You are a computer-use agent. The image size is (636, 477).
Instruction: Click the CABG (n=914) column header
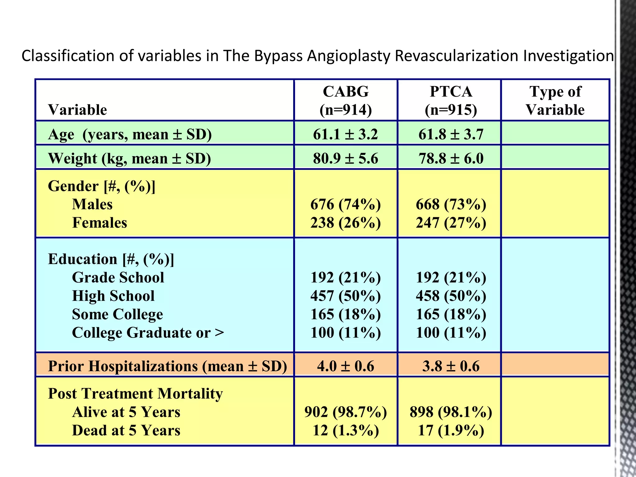pyautogui.click(x=346, y=100)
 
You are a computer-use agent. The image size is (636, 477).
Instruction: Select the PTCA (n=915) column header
pyautogui.click(x=451, y=100)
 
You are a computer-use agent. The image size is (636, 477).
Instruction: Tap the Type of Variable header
pyautogui.click(x=555, y=100)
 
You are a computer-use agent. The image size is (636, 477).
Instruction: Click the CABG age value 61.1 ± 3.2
pyautogui.click(x=345, y=134)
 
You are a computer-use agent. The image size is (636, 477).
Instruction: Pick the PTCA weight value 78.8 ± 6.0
pyautogui.click(x=451, y=158)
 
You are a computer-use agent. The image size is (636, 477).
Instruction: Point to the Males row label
pyautogui.click(x=92, y=204)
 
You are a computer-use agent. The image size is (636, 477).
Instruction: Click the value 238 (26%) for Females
pyautogui.click(x=345, y=223)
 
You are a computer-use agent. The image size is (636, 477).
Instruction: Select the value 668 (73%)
pyautogui.click(x=451, y=204)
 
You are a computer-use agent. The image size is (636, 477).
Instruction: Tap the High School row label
pyautogui.click(x=113, y=296)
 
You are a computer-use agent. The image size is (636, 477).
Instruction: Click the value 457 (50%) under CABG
pyautogui.click(x=345, y=296)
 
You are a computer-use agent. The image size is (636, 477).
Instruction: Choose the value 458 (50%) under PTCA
pyautogui.click(x=451, y=296)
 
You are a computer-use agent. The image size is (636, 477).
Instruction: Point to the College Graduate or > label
pyautogui.click(x=148, y=333)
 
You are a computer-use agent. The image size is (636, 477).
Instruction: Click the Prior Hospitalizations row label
pyautogui.click(x=167, y=366)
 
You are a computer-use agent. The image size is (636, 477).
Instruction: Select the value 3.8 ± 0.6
pyautogui.click(x=451, y=366)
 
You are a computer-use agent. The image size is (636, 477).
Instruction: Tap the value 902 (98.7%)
pyautogui.click(x=345, y=412)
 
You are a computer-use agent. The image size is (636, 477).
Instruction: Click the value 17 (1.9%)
pyautogui.click(x=451, y=430)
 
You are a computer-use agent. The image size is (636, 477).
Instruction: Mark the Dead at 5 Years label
pyautogui.click(x=126, y=430)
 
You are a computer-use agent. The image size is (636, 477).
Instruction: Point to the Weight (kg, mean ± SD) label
pyautogui.click(x=129, y=158)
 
